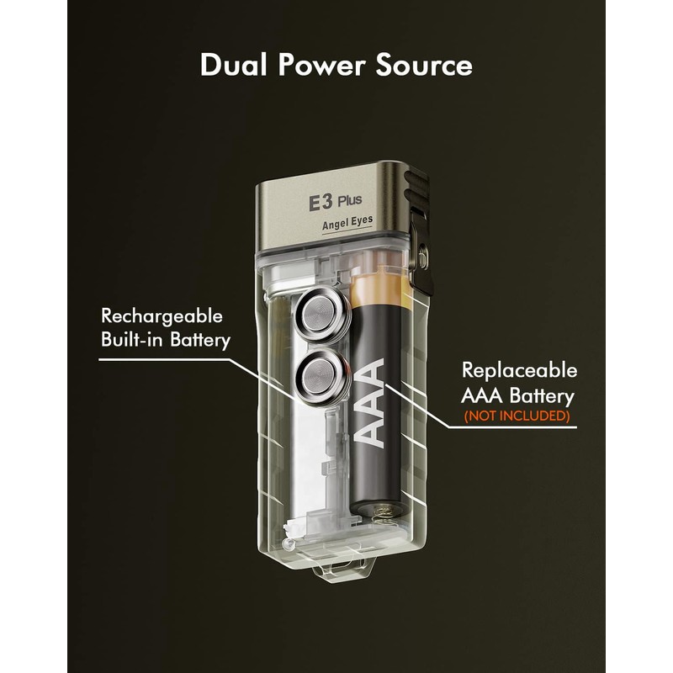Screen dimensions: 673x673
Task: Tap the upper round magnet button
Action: [x=321, y=314]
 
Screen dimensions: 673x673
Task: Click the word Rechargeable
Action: [x=162, y=316]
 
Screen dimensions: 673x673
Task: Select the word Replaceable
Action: [x=519, y=370]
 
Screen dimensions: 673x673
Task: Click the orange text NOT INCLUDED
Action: [x=517, y=416]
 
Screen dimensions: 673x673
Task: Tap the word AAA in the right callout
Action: [x=482, y=395]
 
